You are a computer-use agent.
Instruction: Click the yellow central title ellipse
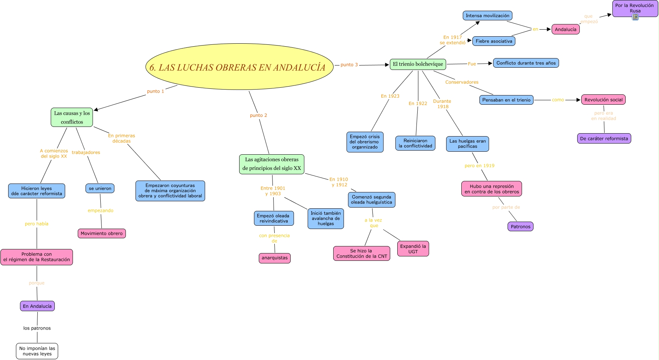click(x=239, y=67)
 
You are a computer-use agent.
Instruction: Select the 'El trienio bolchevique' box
click(x=418, y=64)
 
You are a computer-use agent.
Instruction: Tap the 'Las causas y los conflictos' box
click(x=72, y=117)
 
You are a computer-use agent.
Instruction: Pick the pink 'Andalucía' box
click(x=565, y=29)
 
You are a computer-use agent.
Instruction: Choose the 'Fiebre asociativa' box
click(x=494, y=41)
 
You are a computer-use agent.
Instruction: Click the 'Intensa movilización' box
click(x=487, y=16)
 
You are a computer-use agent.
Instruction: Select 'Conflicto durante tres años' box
click(x=526, y=63)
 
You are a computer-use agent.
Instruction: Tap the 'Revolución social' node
click(x=603, y=100)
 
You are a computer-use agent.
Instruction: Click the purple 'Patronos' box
click(x=520, y=226)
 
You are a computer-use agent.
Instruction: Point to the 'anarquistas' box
click(x=274, y=258)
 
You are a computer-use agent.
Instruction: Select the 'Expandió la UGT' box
click(x=413, y=249)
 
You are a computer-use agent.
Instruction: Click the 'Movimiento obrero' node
click(x=101, y=233)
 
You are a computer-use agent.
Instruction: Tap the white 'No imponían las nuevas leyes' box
click(x=37, y=351)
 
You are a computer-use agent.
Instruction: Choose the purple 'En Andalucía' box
click(x=37, y=306)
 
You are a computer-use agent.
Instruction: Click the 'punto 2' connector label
click(x=258, y=115)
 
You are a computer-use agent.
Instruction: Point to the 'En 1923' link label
click(x=390, y=96)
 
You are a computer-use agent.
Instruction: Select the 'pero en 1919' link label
click(x=479, y=166)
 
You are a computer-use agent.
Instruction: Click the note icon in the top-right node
click(x=635, y=17)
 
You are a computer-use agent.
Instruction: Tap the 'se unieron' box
click(x=100, y=188)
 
